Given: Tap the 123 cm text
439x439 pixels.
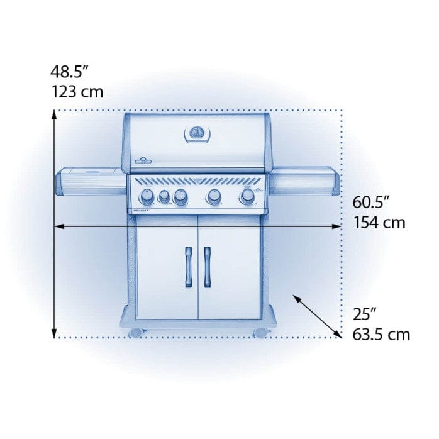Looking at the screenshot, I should (77, 92).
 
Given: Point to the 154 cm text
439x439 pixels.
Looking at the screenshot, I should (379, 222).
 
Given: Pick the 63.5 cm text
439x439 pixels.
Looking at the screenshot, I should (381, 333).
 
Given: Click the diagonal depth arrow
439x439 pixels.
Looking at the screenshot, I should (317, 317).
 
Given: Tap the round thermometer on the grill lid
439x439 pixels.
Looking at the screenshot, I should (197, 133).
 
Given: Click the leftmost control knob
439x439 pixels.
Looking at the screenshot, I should (146, 197).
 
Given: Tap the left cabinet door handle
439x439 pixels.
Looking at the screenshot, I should (187, 264).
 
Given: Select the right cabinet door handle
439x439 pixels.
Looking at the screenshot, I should (207, 264).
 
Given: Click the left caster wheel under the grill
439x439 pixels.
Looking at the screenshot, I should (135, 331).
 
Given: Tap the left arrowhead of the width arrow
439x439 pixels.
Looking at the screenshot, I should (58, 225).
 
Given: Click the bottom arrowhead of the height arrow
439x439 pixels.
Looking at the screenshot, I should (55, 334).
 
